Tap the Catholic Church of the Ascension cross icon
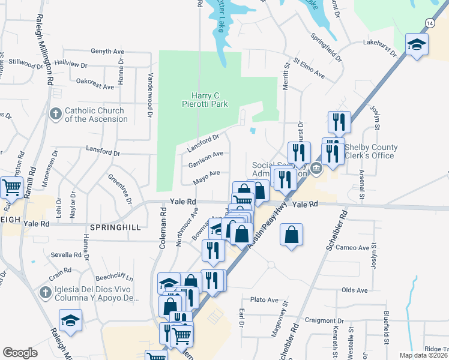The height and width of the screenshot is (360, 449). point(55,114)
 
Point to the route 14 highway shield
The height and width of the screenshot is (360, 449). point(429,22)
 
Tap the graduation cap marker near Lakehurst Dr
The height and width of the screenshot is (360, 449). point(417,45)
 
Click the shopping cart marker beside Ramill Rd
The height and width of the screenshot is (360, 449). point(11,188)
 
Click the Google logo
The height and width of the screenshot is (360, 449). point(20,353)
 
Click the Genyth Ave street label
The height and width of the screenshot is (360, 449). point(109,52)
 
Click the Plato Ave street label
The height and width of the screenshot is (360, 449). point(265,299)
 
